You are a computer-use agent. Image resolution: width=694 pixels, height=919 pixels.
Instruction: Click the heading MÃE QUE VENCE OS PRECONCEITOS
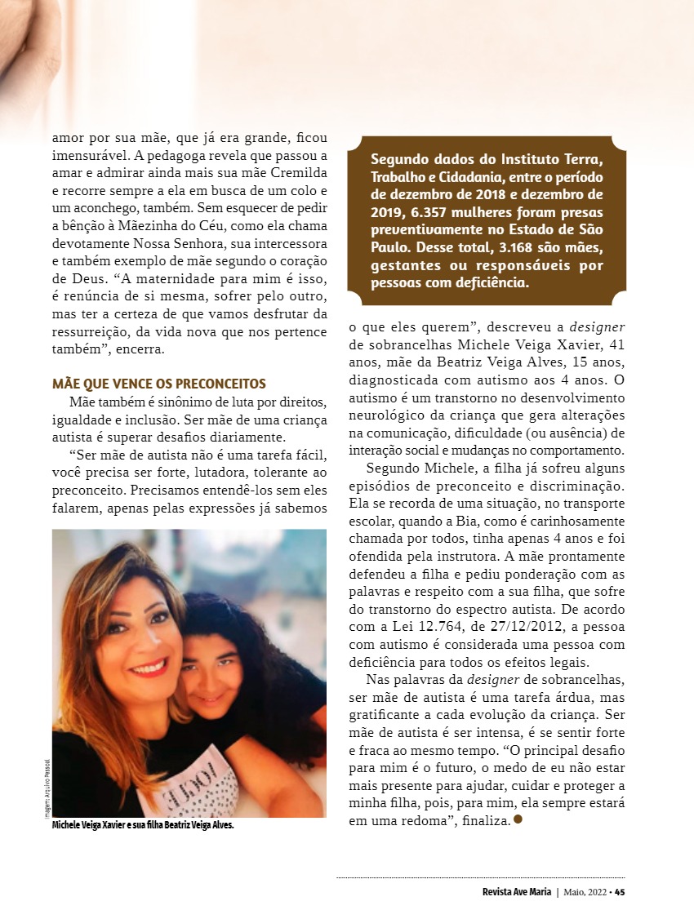pyautogui.click(x=159, y=384)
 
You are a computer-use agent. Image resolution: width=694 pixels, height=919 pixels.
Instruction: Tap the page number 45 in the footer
pyautogui.click(x=620, y=891)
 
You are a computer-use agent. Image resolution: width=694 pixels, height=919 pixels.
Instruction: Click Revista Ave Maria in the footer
pyautogui.click(x=517, y=891)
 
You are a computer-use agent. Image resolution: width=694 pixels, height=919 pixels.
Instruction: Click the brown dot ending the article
pyautogui.click(x=518, y=819)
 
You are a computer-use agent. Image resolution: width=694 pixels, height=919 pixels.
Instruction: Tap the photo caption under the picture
pyautogui.click(x=143, y=826)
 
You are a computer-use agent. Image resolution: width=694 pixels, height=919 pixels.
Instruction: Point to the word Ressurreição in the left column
pyautogui.click(x=92, y=331)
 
